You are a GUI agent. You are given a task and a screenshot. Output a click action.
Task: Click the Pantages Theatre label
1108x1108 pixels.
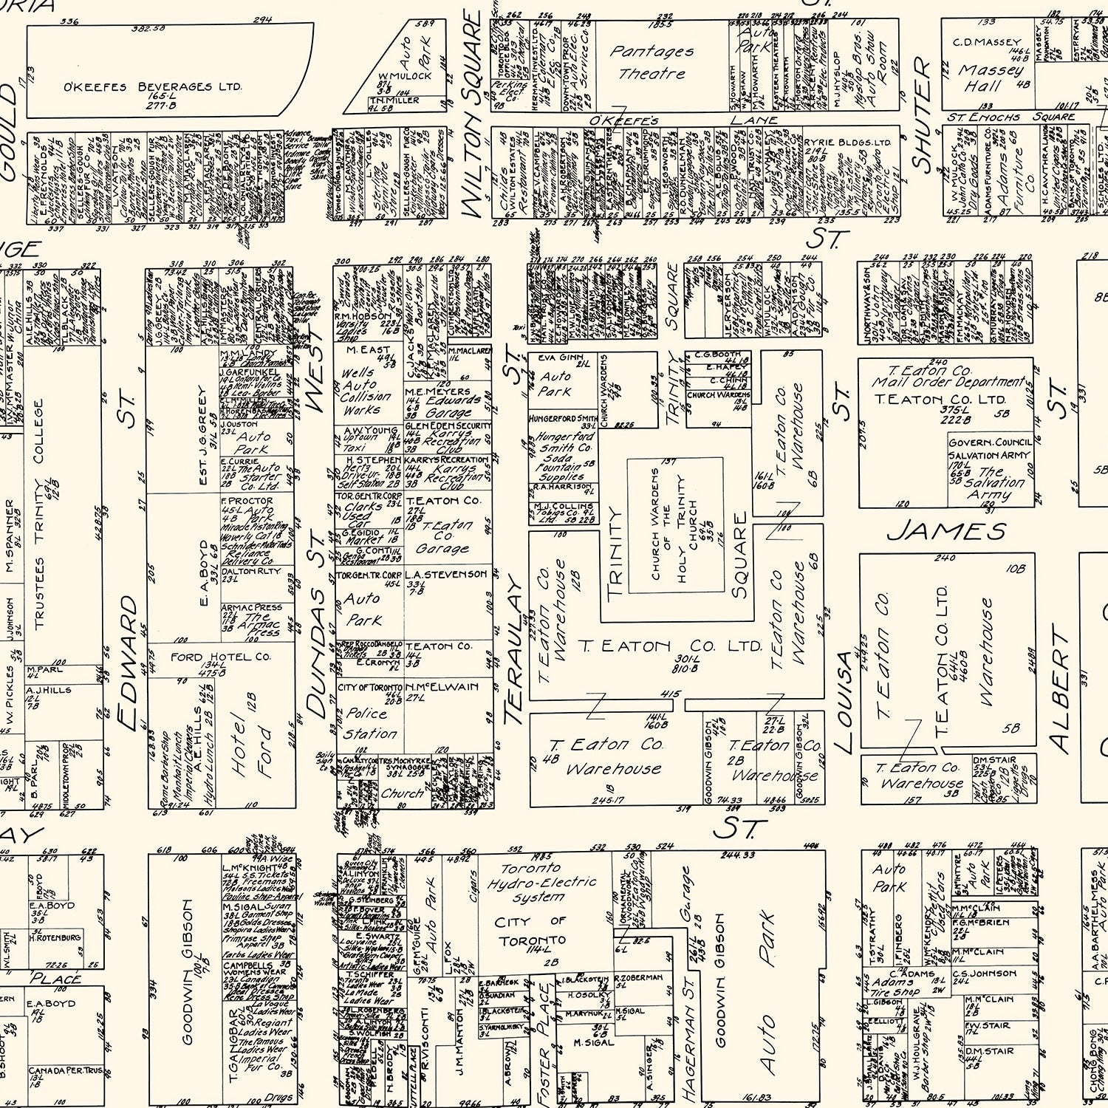coord(652,63)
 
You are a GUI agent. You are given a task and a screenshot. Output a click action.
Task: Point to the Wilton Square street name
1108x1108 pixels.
coord(473,118)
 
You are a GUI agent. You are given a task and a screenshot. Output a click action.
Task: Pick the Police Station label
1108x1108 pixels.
coord(368,723)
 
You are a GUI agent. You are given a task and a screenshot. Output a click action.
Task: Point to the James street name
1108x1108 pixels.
coord(946,531)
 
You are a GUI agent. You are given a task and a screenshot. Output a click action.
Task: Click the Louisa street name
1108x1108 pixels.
coord(844,702)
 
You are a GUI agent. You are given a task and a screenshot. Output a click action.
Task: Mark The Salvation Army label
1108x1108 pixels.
coord(991,483)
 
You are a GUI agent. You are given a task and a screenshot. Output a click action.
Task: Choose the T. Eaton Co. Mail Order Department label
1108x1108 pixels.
coord(948,377)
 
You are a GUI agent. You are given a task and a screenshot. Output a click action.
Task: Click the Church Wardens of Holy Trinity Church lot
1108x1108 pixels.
coord(675,524)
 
